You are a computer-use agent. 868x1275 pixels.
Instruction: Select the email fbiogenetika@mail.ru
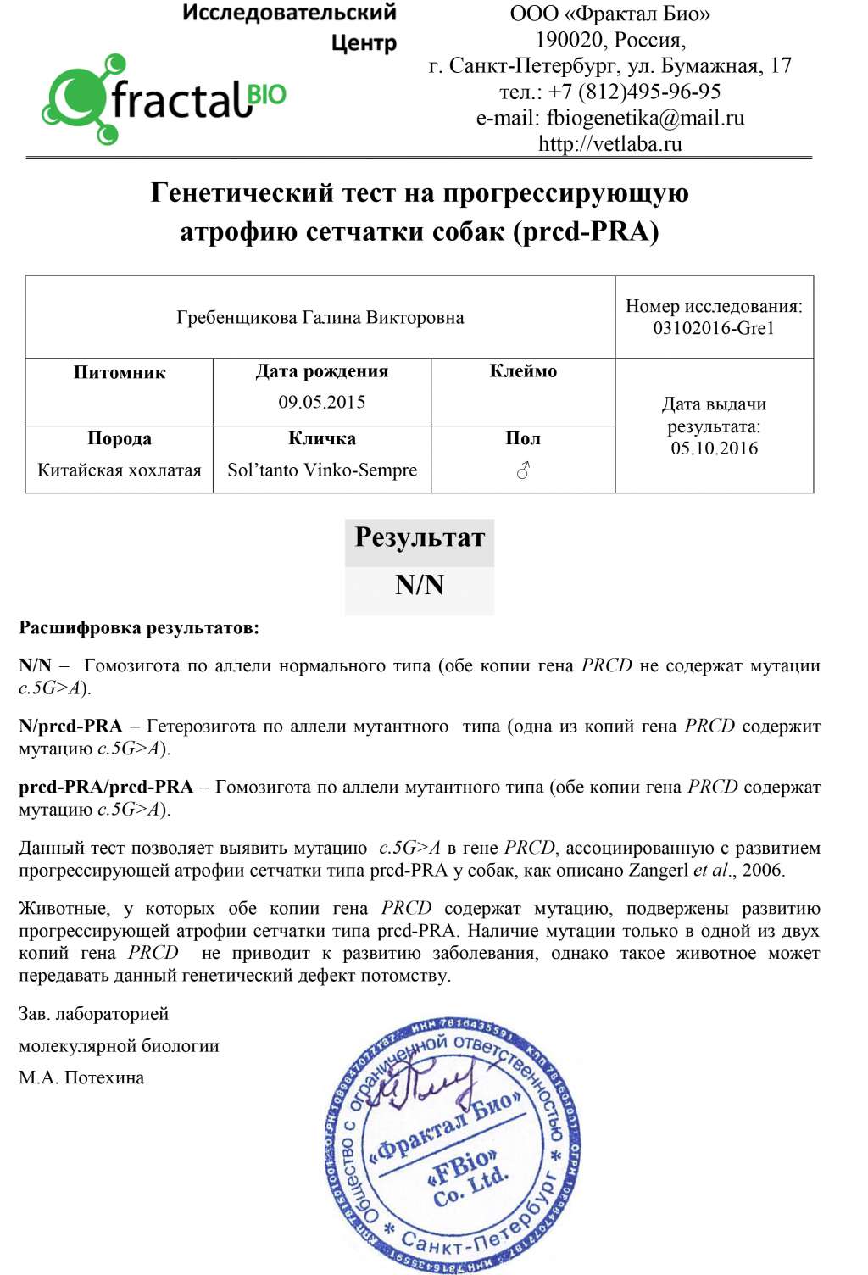(645, 118)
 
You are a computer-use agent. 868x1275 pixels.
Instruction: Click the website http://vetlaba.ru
(609, 143)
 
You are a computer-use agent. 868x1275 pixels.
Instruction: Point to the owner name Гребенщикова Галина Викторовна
(320, 318)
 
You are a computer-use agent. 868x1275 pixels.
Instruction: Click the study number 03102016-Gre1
(714, 328)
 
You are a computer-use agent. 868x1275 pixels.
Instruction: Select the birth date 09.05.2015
(322, 402)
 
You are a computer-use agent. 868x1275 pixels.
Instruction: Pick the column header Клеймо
(523, 371)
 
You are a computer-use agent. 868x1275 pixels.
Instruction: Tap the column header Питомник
(120, 372)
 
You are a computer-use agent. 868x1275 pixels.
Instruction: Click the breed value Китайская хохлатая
(120, 470)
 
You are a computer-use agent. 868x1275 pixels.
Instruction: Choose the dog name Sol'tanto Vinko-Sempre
(322, 470)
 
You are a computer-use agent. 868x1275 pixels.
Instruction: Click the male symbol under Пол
(523, 470)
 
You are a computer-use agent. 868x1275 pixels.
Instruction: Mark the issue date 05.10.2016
(714, 448)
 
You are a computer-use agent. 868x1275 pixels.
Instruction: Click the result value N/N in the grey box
(420, 585)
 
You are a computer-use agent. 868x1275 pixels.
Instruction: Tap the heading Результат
(420, 537)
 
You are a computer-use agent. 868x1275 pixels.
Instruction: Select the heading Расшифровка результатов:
(139, 628)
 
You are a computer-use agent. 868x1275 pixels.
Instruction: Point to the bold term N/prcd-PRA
(70, 727)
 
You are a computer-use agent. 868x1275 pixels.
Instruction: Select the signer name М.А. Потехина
(81, 1077)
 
